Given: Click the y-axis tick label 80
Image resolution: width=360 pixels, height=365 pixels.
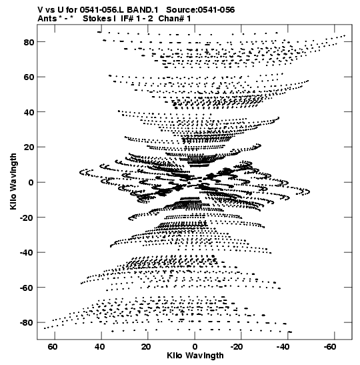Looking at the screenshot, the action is [x=29, y=42].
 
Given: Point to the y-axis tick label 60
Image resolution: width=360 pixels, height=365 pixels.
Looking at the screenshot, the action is [x=29, y=77].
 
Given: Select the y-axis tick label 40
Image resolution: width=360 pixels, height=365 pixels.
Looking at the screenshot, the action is [x=29, y=112].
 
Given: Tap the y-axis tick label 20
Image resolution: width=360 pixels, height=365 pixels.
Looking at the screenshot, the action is [x=29, y=147].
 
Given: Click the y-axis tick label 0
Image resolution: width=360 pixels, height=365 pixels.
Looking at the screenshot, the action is [x=31, y=183].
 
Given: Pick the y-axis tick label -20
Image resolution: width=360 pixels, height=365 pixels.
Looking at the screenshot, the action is [x=27, y=218].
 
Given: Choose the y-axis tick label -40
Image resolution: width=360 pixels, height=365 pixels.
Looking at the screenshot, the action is [x=27, y=253].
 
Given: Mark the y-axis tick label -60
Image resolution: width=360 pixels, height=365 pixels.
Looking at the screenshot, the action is [x=27, y=288].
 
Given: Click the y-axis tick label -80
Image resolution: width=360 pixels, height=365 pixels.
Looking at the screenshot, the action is [x=27, y=323].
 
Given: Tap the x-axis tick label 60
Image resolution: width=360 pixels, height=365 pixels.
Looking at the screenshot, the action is [x=53, y=347].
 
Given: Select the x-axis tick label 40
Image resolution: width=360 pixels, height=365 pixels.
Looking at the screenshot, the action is [x=99, y=347].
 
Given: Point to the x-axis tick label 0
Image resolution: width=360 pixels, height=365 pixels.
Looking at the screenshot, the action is [x=195, y=347].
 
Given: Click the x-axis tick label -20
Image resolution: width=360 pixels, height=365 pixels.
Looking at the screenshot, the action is [x=237, y=347].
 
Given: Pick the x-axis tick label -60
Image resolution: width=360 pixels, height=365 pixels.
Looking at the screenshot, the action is [x=330, y=347].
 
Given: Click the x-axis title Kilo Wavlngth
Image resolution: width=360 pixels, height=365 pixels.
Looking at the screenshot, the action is [x=195, y=356].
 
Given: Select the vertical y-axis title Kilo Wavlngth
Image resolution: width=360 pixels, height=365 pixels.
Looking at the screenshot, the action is [x=13, y=181].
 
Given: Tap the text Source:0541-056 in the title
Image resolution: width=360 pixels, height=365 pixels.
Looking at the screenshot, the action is [x=201, y=10].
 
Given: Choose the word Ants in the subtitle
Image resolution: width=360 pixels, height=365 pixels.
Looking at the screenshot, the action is [x=47, y=19].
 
